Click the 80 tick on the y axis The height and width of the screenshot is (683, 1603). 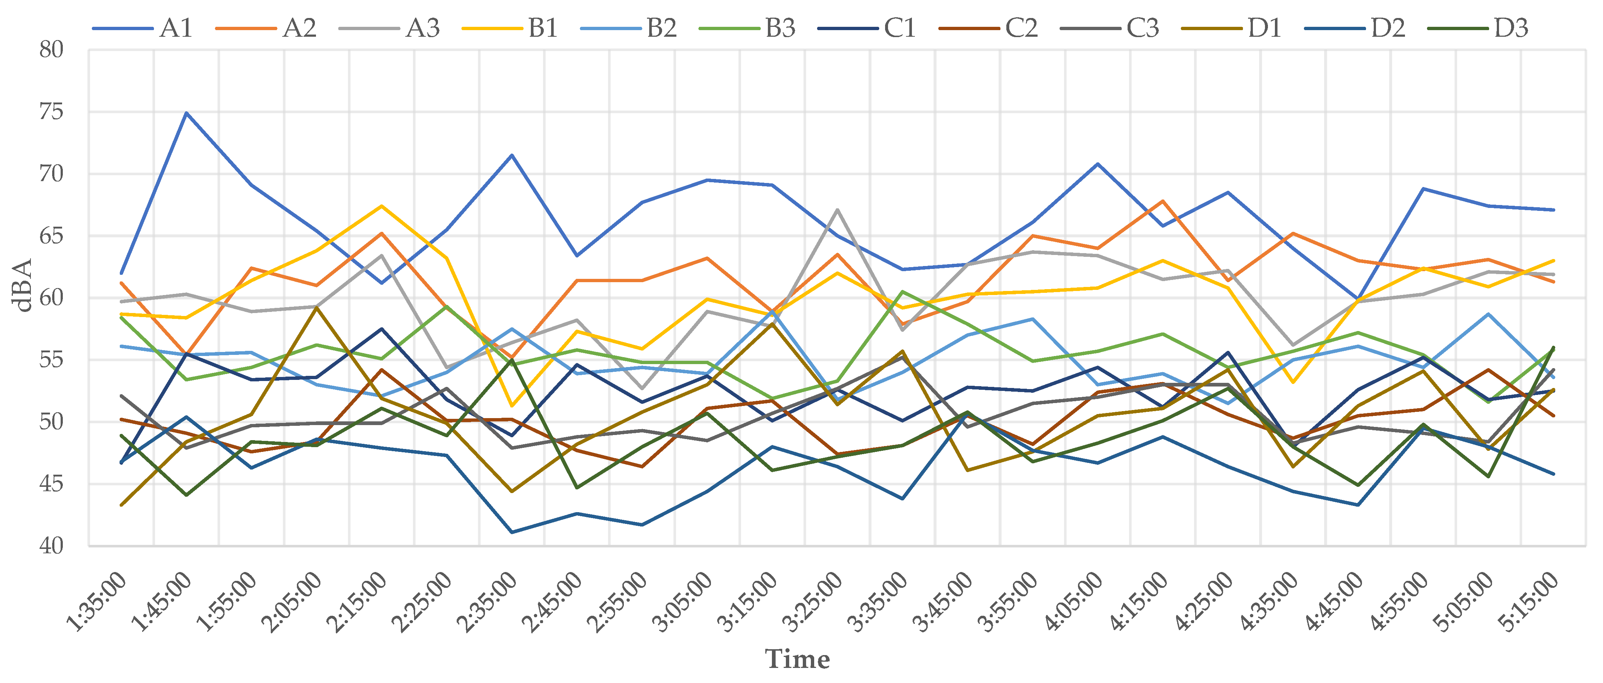pyautogui.click(x=52, y=50)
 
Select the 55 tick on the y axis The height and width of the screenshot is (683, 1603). pyautogui.click(x=52, y=360)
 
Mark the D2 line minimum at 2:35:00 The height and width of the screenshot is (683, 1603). pyautogui.click(x=511, y=532)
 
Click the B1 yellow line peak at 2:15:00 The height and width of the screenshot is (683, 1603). pyautogui.click(x=381, y=206)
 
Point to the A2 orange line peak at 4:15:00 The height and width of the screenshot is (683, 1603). pyautogui.click(x=1162, y=201)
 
